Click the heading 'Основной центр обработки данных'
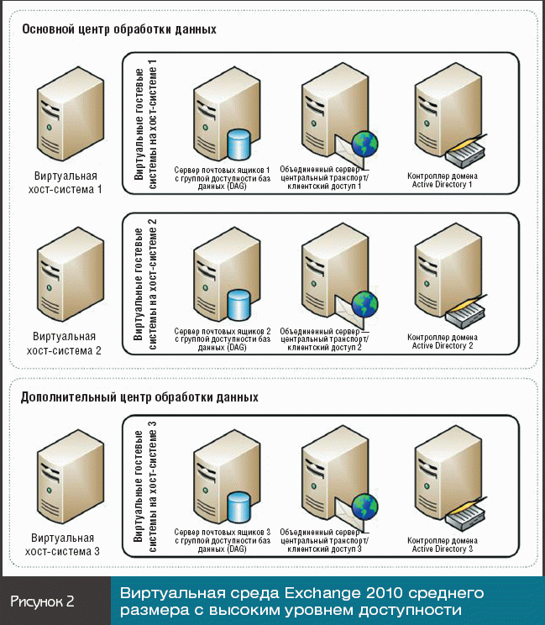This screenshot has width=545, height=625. (119, 29)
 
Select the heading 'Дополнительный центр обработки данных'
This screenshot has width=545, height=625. (139, 397)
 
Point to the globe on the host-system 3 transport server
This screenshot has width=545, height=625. (364, 507)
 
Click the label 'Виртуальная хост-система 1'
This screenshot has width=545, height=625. (65, 183)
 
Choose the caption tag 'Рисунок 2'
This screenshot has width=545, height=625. (44, 601)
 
